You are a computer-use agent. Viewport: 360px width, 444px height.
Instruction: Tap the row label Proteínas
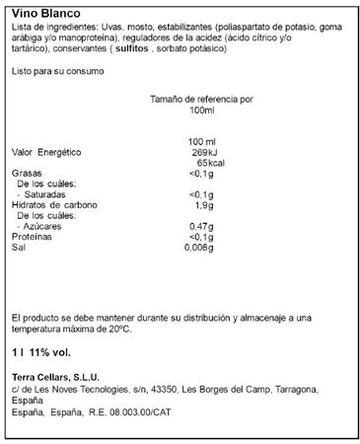tap(31, 238)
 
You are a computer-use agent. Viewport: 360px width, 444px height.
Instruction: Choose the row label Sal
tap(17, 249)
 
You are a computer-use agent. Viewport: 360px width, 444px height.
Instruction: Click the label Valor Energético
tap(44, 153)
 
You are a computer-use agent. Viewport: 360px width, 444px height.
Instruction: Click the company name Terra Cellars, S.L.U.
tap(52, 374)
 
